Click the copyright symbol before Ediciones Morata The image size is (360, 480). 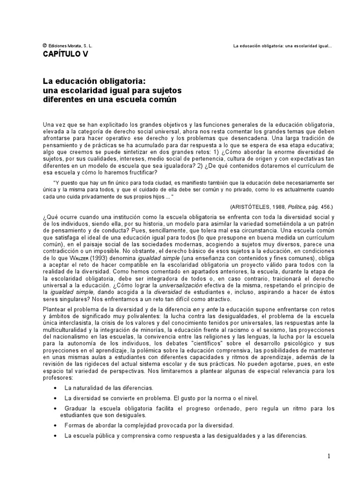point(44,46)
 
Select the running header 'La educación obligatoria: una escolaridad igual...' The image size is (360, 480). point(282,46)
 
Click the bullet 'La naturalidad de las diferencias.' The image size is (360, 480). point(109,388)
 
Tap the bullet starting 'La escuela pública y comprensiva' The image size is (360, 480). point(186,435)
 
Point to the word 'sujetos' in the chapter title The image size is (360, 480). point(166,90)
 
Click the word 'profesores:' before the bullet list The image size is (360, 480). point(59,377)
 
